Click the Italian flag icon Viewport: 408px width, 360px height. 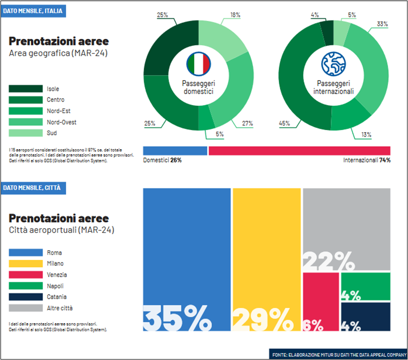point(199,63)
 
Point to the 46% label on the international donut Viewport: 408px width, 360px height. point(284,123)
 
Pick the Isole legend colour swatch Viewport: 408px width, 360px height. point(25,89)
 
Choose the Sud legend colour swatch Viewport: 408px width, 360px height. point(25,133)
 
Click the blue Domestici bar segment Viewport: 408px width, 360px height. point(175,151)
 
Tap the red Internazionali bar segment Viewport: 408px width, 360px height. point(299,151)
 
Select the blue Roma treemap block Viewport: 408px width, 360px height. point(187,249)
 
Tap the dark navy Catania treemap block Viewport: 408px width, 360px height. point(366,317)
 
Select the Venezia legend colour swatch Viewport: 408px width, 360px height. point(25,275)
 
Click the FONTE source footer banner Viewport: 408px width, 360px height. point(339,355)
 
